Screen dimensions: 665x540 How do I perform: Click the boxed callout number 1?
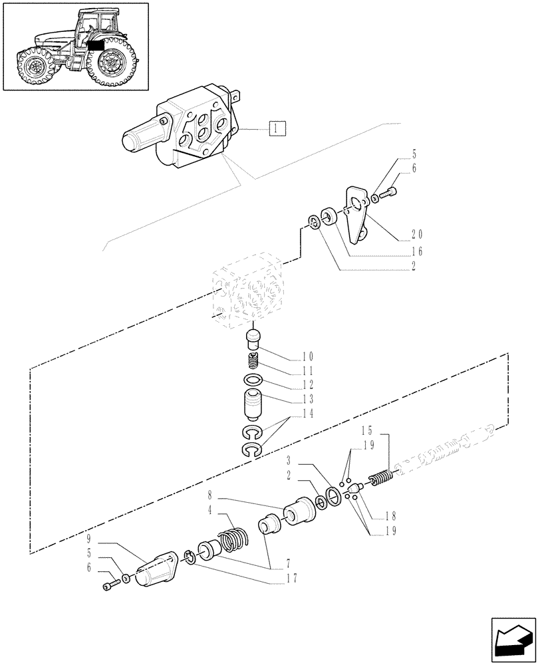click(x=277, y=128)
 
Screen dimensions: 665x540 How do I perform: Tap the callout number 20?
click(x=417, y=233)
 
